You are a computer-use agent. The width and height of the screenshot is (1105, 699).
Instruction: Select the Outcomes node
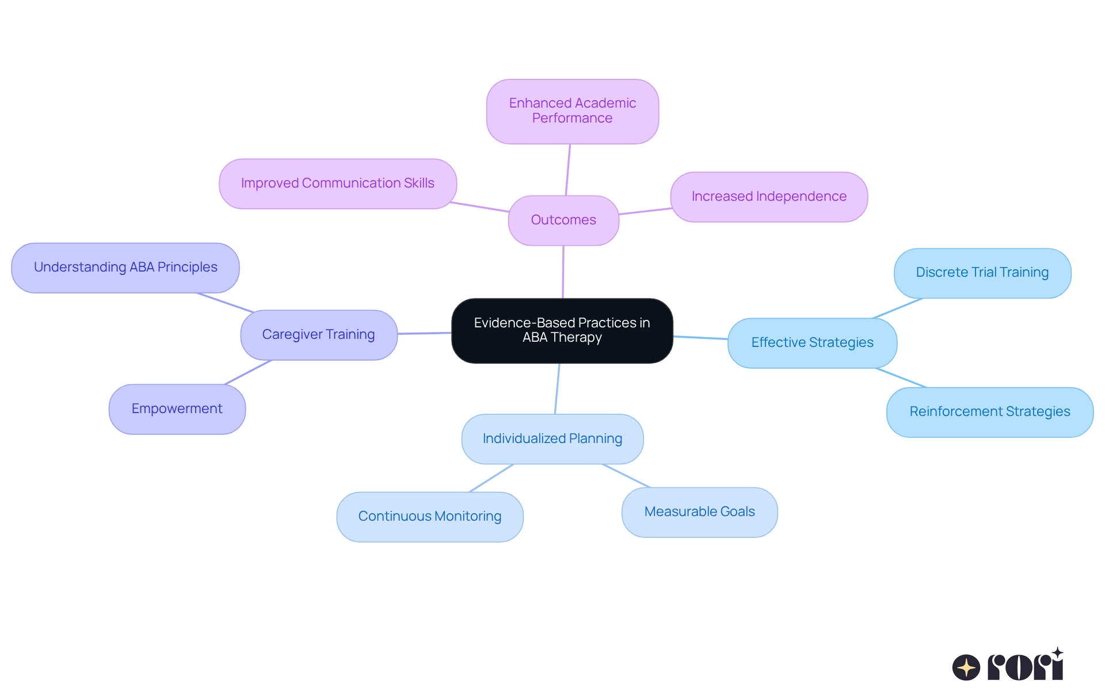click(563, 220)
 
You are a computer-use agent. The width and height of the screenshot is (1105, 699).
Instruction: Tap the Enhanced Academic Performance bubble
click(572, 111)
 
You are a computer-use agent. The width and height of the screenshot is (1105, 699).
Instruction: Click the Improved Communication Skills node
click(338, 184)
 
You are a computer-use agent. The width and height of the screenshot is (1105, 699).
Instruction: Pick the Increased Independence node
click(769, 197)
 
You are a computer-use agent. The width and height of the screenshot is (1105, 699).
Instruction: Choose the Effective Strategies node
click(812, 343)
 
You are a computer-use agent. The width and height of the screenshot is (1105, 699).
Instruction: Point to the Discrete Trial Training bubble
click(982, 273)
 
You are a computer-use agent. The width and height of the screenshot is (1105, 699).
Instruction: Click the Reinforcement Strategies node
click(989, 412)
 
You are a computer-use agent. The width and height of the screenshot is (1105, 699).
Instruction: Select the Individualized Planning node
click(552, 439)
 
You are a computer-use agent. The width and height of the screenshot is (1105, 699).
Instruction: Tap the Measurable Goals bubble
click(699, 512)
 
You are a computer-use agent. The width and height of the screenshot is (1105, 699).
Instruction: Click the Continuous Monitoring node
click(429, 517)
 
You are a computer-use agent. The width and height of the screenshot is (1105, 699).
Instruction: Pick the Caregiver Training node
click(318, 335)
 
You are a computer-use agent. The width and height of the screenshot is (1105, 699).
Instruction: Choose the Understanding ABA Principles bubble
click(125, 268)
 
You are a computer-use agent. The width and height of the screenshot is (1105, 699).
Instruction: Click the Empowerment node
click(177, 409)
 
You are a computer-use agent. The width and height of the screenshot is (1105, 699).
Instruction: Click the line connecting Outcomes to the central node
click(563, 272)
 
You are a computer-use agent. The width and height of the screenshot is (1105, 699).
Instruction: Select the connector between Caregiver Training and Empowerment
click(247, 372)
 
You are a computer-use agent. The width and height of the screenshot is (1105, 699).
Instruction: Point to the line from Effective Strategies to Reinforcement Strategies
click(901, 377)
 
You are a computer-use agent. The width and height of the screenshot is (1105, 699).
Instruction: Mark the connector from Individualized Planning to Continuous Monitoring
click(491, 478)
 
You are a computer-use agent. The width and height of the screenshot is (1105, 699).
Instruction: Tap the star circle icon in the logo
click(966, 667)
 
